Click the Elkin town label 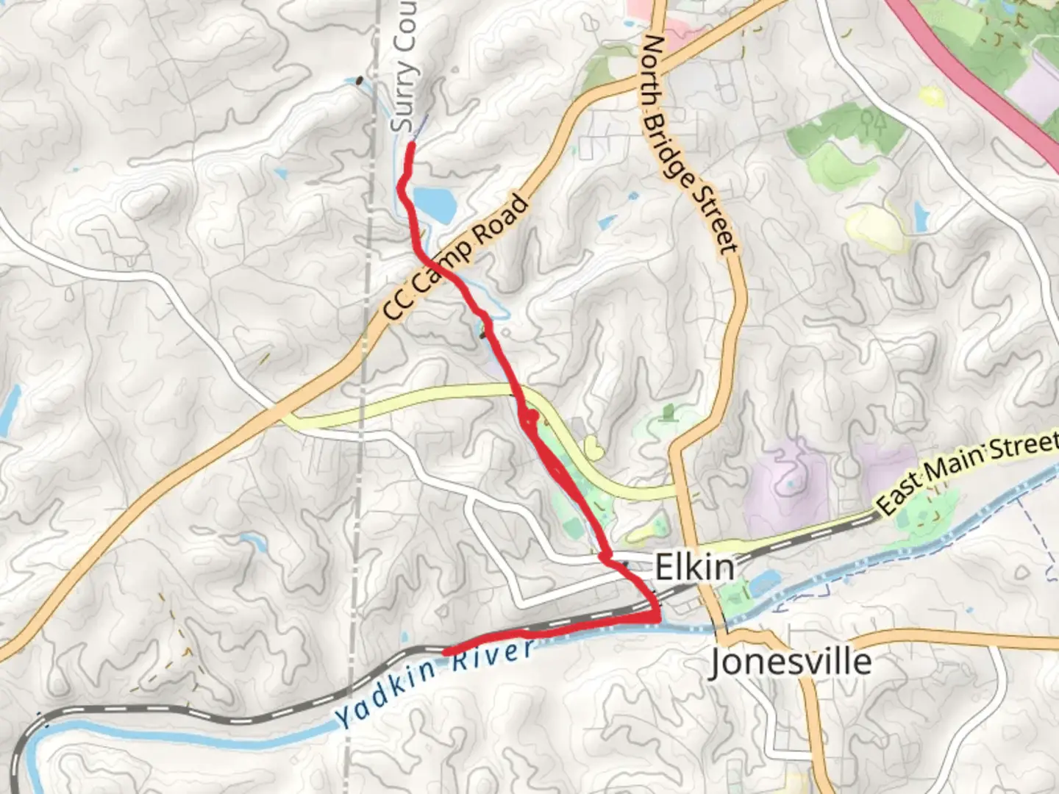coord(694,568)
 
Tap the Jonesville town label coord(791,662)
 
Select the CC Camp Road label coord(456,257)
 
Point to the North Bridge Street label coord(689,143)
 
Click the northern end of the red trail coord(410,144)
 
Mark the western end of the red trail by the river coord(446,651)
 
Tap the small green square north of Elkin coord(668,412)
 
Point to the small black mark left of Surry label coord(359,80)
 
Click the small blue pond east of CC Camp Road coord(607,221)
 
